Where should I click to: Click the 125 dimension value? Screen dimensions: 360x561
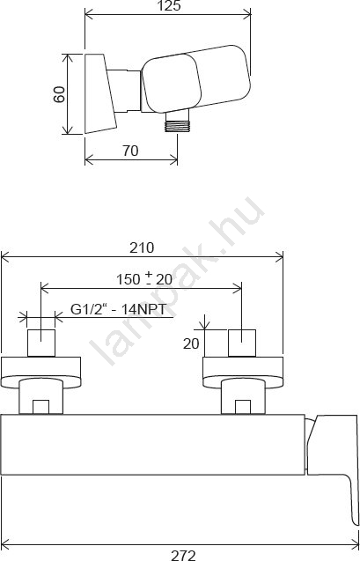click(169, 5)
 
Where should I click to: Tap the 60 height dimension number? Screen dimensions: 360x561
click(59, 94)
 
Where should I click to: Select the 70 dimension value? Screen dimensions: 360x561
click(130, 151)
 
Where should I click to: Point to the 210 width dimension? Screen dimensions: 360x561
click(142, 247)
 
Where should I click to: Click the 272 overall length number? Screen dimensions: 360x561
click(183, 555)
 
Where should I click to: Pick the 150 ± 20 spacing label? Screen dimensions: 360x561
click(144, 279)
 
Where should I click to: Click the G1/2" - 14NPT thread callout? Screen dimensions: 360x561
click(118, 309)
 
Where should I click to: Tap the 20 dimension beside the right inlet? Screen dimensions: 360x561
click(191, 343)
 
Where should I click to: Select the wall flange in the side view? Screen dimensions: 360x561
click(99, 93)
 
